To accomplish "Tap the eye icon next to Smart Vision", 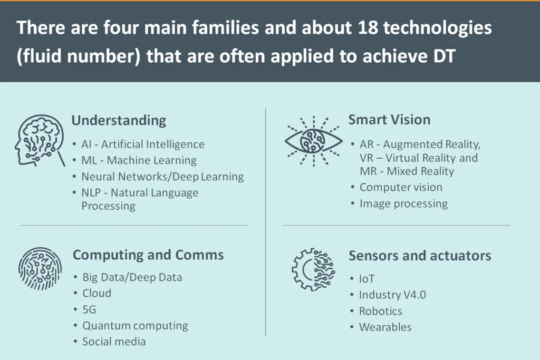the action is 313,141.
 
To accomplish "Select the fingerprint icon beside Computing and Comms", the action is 40,268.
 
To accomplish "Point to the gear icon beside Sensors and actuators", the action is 313,269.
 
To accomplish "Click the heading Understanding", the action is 119,121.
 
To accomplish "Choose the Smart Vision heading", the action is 389,120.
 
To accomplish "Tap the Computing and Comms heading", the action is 148,255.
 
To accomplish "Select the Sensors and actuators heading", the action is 420,256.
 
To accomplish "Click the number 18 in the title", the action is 367,27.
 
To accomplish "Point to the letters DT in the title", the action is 444,56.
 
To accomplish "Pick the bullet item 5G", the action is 89,309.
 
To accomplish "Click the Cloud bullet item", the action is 97,293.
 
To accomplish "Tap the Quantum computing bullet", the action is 135,326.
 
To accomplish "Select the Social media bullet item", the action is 114,342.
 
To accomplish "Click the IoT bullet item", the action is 367,279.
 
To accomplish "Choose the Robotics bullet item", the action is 381,311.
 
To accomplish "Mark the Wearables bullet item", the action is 385,327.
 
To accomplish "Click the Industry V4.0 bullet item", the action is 392,295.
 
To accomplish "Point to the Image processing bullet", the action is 403,204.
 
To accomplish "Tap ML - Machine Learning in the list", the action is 139,161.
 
